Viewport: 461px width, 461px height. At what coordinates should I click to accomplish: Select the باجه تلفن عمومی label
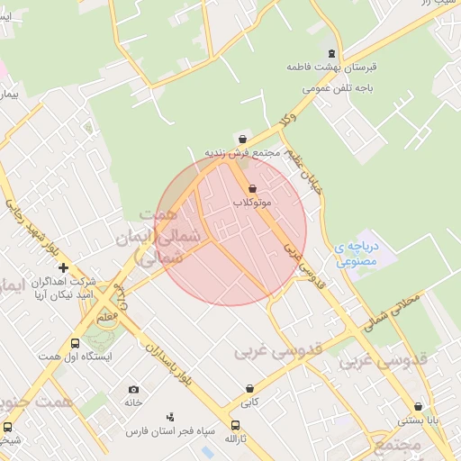(x=330, y=89)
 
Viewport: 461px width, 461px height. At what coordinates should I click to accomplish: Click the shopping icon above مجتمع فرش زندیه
(x=241, y=138)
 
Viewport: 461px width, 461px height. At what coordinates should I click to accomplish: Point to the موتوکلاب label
(x=253, y=203)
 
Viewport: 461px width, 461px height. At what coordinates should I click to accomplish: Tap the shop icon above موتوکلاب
(x=251, y=189)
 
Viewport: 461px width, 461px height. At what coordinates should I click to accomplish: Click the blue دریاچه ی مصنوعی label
(x=354, y=254)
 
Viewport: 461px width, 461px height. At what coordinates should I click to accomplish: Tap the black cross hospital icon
(x=63, y=267)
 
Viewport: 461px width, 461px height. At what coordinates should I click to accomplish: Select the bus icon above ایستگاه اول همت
(x=75, y=343)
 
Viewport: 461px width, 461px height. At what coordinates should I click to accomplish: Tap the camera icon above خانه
(x=134, y=389)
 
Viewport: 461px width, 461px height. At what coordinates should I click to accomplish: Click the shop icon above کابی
(x=249, y=389)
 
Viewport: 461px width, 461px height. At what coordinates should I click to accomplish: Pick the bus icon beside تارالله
(x=236, y=425)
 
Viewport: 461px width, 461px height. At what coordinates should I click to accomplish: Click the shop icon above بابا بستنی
(x=418, y=406)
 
